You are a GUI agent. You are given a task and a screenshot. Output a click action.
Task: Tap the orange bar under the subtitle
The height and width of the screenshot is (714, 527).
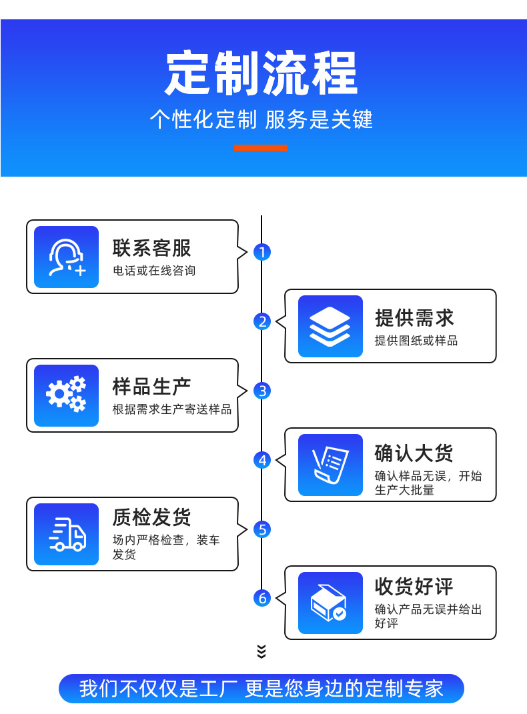[x=261, y=148]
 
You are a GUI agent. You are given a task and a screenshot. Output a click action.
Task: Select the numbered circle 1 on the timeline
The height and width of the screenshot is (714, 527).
[x=262, y=252]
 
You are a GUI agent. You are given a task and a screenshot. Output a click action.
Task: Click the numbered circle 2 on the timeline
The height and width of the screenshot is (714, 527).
[x=262, y=321]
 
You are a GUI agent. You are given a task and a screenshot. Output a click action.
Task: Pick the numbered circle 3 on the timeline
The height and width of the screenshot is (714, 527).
[x=262, y=391]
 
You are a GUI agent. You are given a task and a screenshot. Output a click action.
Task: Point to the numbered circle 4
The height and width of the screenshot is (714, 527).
[x=262, y=460]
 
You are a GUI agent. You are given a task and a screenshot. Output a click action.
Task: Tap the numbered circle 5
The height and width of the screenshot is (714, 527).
[x=262, y=529]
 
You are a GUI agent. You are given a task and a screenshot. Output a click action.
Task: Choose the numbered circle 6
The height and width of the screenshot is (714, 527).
[x=262, y=598]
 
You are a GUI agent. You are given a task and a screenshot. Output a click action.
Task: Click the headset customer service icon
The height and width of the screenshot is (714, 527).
[x=66, y=257]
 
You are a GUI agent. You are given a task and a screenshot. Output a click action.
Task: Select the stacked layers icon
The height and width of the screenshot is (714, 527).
[x=330, y=327]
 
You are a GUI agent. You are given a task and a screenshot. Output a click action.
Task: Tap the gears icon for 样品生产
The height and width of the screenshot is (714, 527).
[x=66, y=395]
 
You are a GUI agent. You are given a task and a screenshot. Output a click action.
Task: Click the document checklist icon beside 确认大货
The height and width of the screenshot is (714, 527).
[x=330, y=465]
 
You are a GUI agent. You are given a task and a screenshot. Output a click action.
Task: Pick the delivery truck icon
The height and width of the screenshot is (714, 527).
[x=66, y=534]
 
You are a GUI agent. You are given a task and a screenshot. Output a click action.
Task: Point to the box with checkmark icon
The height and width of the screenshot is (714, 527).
[x=330, y=603]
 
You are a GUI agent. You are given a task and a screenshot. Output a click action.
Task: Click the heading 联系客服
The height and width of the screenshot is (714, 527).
[x=152, y=248]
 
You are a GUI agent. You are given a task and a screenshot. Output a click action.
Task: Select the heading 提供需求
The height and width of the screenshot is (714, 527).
[x=414, y=317]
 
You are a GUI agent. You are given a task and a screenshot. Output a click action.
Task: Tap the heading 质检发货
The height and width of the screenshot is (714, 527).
[x=152, y=517]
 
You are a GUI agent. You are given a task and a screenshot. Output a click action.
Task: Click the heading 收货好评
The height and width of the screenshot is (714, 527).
[x=414, y=587]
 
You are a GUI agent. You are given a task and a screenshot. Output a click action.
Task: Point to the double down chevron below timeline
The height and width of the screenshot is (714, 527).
[x=261, y=651]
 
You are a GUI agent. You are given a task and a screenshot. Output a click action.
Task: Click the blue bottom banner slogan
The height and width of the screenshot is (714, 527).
[x=261, y=689]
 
